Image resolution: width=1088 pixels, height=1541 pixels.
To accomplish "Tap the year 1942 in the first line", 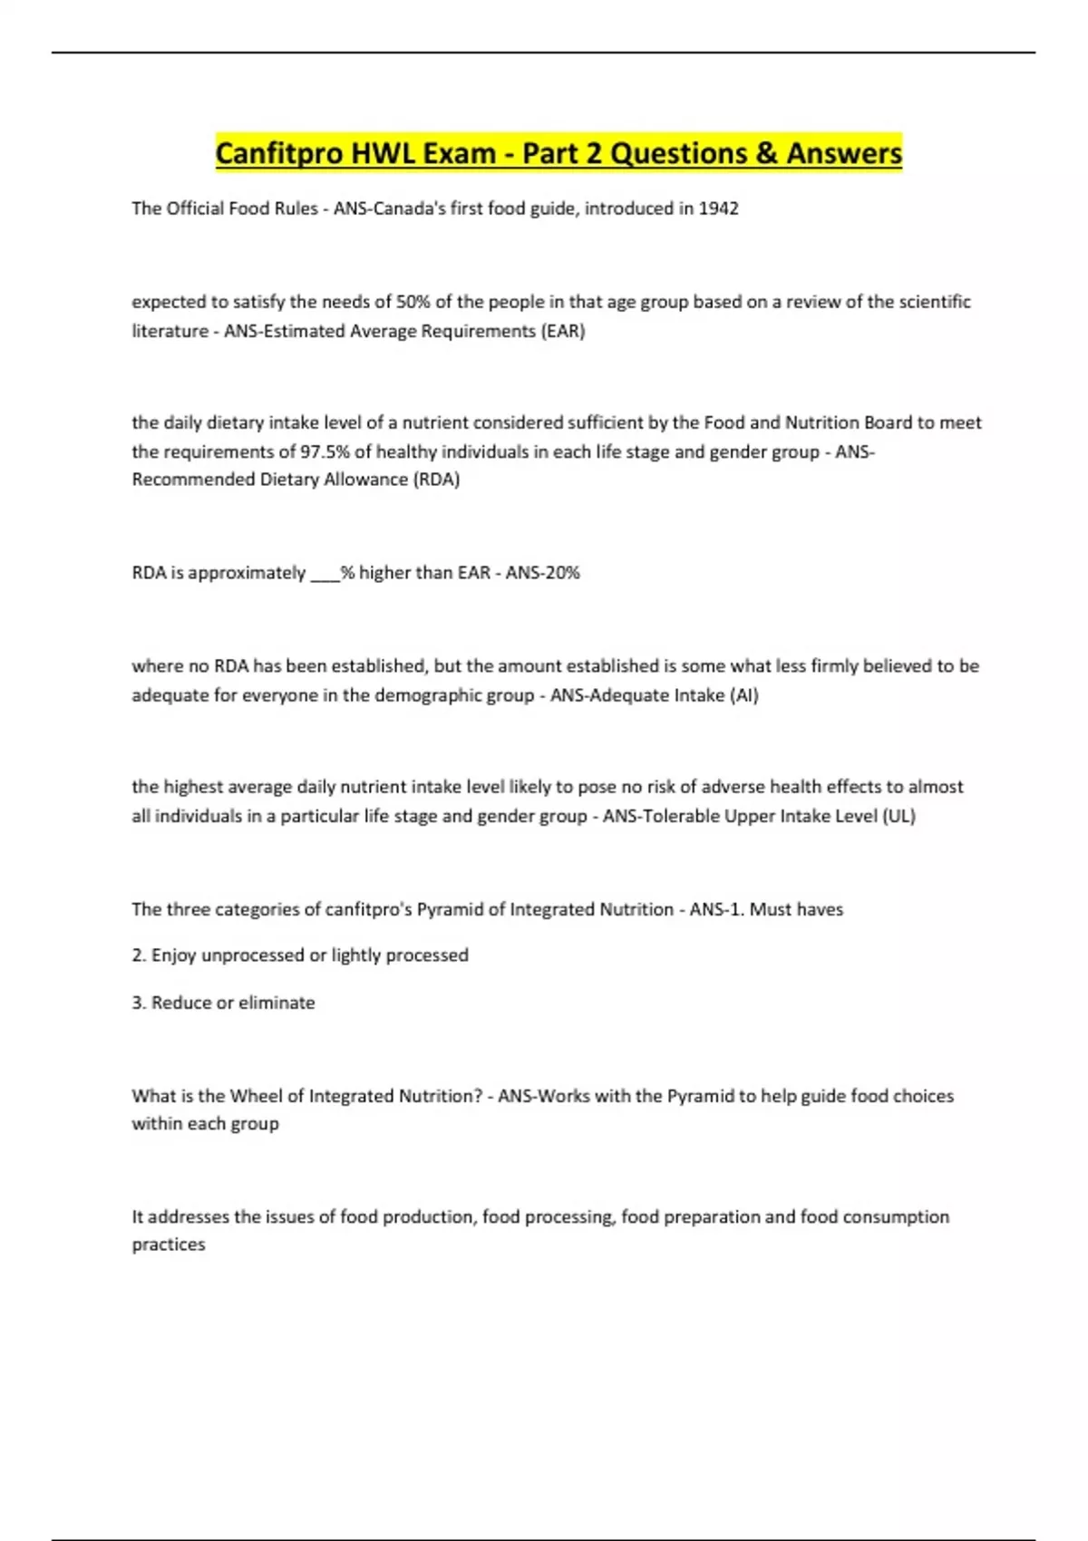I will click(x=718, y=208).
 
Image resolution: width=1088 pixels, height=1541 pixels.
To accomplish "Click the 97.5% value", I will click(x=325, y=451).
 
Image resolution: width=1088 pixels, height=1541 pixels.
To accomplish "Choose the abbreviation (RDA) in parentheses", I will click(x=436, y=480).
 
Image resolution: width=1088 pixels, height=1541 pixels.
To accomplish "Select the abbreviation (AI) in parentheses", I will click(x=743, y=695).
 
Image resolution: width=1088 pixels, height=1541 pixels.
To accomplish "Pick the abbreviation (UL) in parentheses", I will click(x=899, y=816).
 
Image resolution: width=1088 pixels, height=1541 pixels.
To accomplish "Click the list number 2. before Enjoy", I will click(x=139, y=955).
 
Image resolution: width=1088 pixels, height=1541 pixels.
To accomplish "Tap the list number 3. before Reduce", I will click(x=139, y=1003).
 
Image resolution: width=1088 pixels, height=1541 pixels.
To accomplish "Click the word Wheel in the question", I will click(x=256, y=1096).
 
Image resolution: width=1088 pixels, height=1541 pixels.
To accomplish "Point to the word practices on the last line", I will click(x=169, y=1245).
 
